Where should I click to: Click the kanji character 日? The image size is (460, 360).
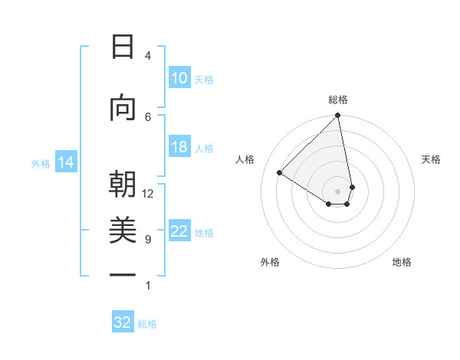coord(122,47)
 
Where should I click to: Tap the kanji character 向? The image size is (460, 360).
coord(122,109)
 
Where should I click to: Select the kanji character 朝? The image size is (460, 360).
coord(122,185)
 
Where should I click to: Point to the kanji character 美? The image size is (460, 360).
coord(122,231)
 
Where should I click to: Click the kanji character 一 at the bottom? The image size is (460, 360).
coord(122,273)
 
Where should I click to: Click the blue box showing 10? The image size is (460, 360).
coord(179,78)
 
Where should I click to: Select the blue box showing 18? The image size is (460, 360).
coord(179,148)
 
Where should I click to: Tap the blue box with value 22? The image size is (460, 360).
coord(179,232)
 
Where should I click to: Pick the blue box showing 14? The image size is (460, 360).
coord(65,162)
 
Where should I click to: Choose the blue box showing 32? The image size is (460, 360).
coord(123,322)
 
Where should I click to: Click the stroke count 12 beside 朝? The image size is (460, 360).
coord(148,194)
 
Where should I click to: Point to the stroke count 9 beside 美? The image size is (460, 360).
coord(148,240)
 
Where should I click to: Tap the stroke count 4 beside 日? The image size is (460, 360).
coord(148,56)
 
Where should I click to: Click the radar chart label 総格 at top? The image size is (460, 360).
coord(338,100)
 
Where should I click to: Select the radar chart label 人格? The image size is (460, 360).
coord(245,159)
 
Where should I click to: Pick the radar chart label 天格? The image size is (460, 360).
coord(432,159)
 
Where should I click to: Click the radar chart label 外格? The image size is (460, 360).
coord(270,262)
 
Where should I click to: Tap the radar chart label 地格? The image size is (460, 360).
coord(402,262)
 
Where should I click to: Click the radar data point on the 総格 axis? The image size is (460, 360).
coord(338,116)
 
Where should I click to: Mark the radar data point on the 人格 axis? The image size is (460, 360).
coord(280,172)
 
